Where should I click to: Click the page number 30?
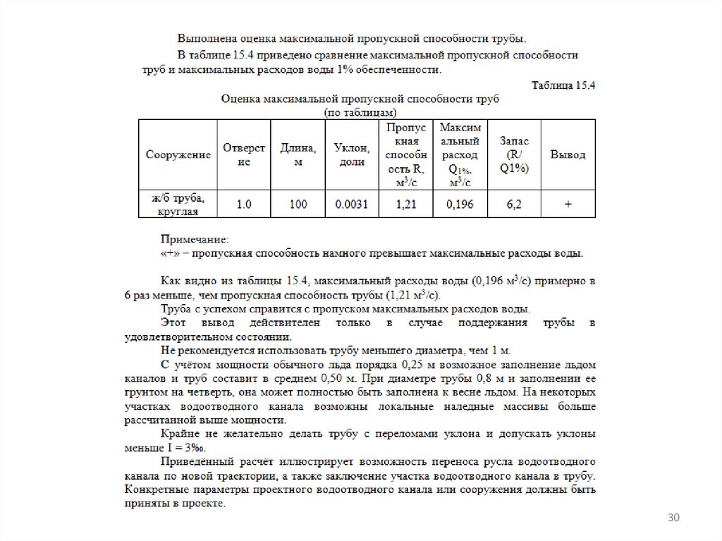(673, 519)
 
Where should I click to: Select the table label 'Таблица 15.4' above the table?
(563, 85)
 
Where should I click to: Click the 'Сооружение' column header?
(178, 154)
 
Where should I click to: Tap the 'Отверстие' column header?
(244, 154)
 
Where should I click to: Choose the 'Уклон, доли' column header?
(352, 154)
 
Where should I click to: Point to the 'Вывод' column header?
(568, 154)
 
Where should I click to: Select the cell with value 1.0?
(244, 205)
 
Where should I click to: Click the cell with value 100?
(298, 205)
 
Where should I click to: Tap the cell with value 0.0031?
(352, 205)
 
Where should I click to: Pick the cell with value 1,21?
(406, 205)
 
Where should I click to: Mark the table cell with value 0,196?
(460, 205)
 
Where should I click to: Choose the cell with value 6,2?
(514, 205)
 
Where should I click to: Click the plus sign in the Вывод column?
(568, 205)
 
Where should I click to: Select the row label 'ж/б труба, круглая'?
(178, 205)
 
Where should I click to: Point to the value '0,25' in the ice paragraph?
(412, 365)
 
